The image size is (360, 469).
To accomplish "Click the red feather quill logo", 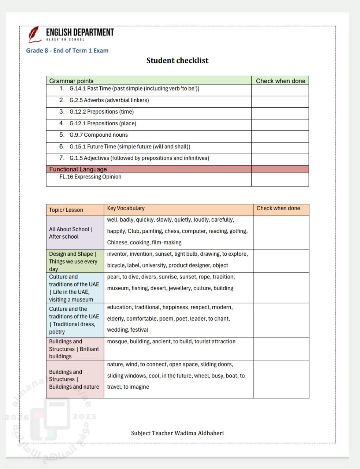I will pos(34,34).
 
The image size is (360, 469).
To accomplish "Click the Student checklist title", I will pos(177,60).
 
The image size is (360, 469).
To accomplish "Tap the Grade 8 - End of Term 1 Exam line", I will pos(67,51).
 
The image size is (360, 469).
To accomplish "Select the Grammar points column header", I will pos(71,81).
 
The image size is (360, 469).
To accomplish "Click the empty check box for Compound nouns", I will pos(280,136).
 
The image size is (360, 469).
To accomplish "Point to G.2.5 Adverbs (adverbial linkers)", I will pos(109,100).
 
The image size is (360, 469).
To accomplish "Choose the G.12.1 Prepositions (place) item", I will pos(103,123).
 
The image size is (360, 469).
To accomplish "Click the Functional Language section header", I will pos(78,169).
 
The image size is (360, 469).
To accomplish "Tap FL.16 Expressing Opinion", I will pos(90,177).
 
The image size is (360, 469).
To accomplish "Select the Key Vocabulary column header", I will pos(126,208).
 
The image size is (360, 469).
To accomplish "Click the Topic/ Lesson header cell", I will pos(66,210).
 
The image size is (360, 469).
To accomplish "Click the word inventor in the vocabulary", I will pos(117,254).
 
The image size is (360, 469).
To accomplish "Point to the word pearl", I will pos(113,277).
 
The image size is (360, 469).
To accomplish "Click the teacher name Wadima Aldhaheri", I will pos(199,433).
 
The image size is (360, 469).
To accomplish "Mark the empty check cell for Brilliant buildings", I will pos(281,348).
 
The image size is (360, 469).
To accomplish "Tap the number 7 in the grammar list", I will pos(62,158).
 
